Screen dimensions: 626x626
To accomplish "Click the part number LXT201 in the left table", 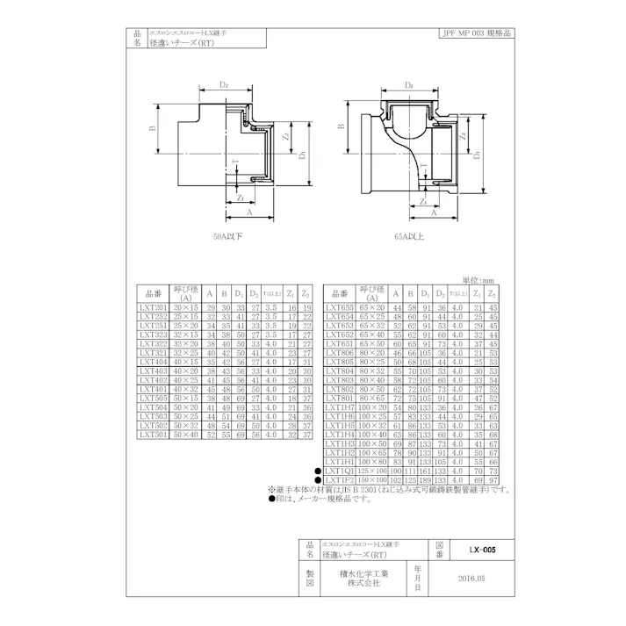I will point(155,308).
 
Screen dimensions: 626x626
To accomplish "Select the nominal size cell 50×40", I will point(186,434).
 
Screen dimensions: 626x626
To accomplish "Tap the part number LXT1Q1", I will point(341,471).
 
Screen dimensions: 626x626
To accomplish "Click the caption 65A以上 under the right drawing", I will point(411,236).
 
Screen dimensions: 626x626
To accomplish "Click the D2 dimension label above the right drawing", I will point(409,86).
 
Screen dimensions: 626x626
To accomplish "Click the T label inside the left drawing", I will point(234,162).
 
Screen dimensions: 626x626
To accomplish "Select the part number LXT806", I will point(341,351).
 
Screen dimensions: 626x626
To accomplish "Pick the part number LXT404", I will point(155,361).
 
